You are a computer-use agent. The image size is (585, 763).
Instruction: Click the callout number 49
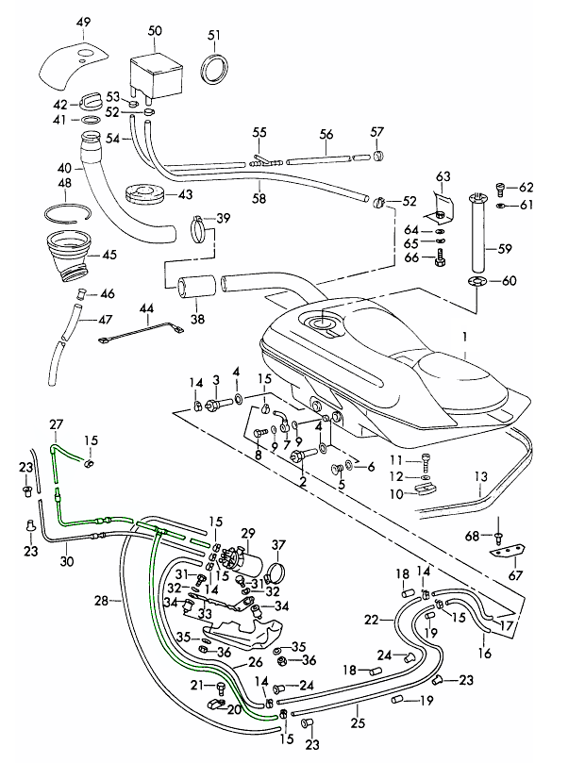(82, 22)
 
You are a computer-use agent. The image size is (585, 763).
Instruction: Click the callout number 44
(145, 308)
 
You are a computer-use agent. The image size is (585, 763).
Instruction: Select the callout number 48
(65, 182)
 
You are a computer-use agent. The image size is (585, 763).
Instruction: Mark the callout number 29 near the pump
(248, 534)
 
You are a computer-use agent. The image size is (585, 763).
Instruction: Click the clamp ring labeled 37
(273, 571)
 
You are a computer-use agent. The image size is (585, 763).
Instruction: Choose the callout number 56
(326, 135)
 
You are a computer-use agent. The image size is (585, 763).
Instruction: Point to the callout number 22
(371, 619)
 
